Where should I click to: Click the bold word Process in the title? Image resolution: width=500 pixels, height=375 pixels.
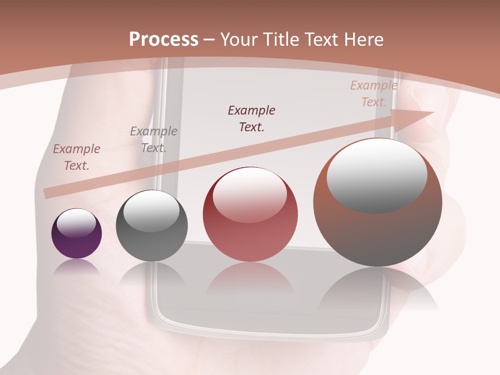[164, 40]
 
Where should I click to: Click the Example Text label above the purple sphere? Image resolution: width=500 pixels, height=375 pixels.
[77, 157]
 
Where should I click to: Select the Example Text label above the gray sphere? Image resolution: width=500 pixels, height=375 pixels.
[154, 140]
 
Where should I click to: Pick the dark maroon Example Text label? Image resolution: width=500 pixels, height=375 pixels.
[252, 118]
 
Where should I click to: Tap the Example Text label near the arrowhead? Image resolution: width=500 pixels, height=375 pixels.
[374, 94]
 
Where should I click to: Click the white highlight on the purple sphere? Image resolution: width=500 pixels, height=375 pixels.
[77, 222]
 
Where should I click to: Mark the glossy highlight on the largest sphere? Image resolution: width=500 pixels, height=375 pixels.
[377, 176]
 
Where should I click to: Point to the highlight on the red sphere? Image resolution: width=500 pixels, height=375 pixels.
[249, 194]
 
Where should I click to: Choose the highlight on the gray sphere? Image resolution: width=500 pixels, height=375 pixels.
[151, 210]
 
